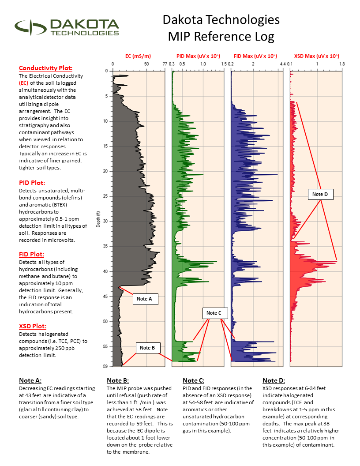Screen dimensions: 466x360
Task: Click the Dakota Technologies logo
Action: (67, 27)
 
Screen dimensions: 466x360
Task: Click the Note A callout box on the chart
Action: (144, 299)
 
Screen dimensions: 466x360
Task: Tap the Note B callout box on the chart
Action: (147, 348)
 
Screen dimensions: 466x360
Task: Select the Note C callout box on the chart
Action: (214, 313)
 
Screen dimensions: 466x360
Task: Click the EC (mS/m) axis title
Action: (138, 56)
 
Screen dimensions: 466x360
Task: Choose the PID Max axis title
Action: (198, 56)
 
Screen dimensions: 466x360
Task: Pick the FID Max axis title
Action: (255, 56)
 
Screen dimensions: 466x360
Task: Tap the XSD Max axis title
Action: (316, 56)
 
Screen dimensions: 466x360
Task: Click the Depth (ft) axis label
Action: (98, 219)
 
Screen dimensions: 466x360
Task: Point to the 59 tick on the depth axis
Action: (106, 366)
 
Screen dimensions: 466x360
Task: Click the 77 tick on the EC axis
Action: (165, 64)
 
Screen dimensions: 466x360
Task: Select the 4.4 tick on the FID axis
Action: (283, 64)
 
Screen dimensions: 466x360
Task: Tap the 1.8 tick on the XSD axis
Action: (342, 64)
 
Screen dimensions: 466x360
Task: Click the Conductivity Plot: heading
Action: (45, 68)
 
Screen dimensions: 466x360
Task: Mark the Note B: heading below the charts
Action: (118, 380)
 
